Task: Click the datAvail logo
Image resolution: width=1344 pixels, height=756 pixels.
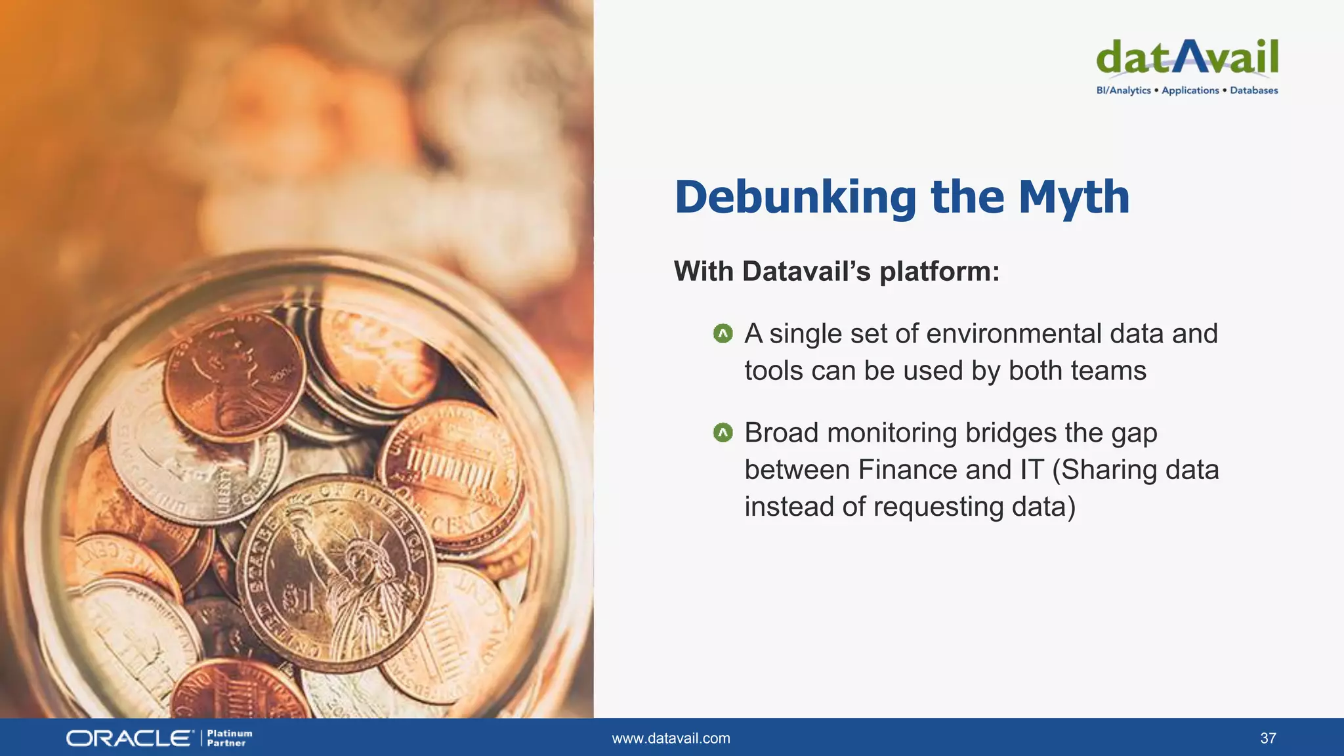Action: (1186, 58)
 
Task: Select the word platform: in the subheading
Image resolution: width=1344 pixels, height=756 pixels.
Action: (939, 272)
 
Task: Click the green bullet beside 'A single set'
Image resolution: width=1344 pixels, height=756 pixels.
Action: (723, 334)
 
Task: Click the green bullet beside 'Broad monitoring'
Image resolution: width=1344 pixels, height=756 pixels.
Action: (723, 433)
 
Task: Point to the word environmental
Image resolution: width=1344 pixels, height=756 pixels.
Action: (1013, 334)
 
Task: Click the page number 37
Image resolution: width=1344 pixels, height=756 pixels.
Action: (1268, 738)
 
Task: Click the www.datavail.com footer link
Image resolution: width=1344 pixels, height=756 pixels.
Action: (671, 738)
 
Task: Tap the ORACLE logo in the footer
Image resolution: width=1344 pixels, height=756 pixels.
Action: (130, 738)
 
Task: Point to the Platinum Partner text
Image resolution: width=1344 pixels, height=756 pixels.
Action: (229, 738)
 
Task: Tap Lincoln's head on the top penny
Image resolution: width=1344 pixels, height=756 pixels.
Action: (230, 367)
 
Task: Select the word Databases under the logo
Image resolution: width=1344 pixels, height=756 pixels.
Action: (1253, 91)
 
